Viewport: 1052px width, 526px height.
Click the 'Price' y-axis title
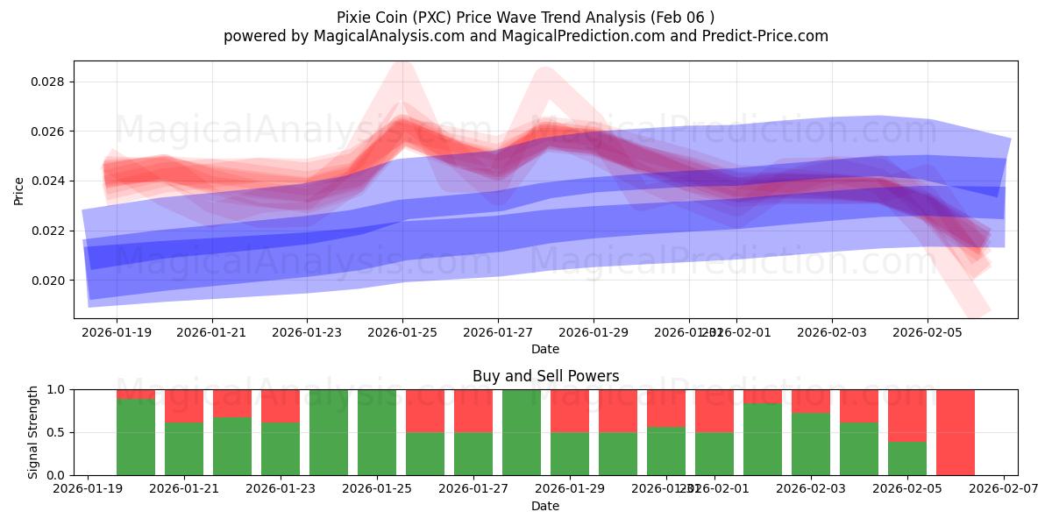[18, 190]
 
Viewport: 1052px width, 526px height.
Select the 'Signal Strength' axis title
[33, 432]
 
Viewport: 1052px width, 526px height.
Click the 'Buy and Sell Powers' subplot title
[545, 376]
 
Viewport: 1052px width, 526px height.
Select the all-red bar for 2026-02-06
[956, 432]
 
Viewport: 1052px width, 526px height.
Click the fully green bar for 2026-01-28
[522, 432]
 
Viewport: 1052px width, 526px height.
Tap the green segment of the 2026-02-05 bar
[907, 458]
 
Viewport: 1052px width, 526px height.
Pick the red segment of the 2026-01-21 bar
[184, 406]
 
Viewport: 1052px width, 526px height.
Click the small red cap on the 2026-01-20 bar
[136, 394]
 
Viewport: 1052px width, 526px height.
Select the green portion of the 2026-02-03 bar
[811, 444]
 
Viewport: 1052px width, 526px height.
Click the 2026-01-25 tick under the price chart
[402, 332]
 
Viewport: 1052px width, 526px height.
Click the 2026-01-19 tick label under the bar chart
[88, 489]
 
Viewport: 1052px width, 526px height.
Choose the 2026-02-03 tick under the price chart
[832, 332]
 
